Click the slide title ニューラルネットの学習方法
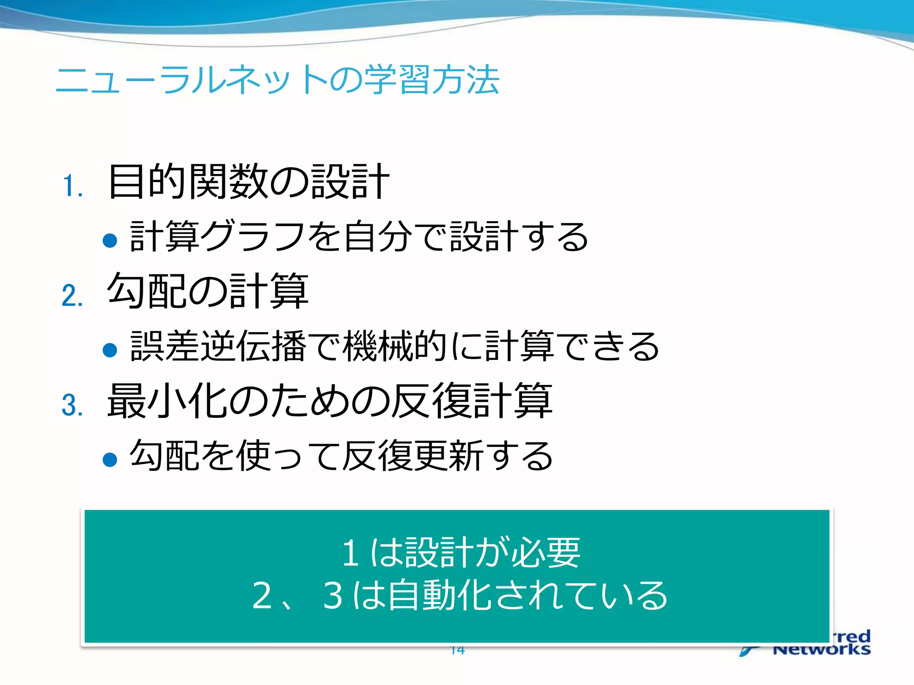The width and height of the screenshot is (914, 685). click(x=277, y=80)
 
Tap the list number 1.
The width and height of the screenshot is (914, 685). click(x=72, y=186)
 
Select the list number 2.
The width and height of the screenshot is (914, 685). click(x=72, y=295)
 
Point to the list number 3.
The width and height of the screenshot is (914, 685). click(x=72, y=405)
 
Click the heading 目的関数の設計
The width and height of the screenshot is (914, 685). click(x=249, y=182)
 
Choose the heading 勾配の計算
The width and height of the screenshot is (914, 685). click(x=208, y=291)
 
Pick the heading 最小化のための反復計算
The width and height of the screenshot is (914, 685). click(x=330, y=400)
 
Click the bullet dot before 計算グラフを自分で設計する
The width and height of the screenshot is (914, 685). click(x=110, y=241)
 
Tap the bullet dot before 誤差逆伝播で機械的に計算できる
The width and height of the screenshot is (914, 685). click(x=110, y=350)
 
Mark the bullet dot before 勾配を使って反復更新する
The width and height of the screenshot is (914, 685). click(x=110, y=459)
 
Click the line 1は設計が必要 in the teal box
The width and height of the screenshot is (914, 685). click(x=461, y=553)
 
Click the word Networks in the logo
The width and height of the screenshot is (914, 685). click(x=821, y=649)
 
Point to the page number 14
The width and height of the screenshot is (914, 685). click(x=457, y=650)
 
